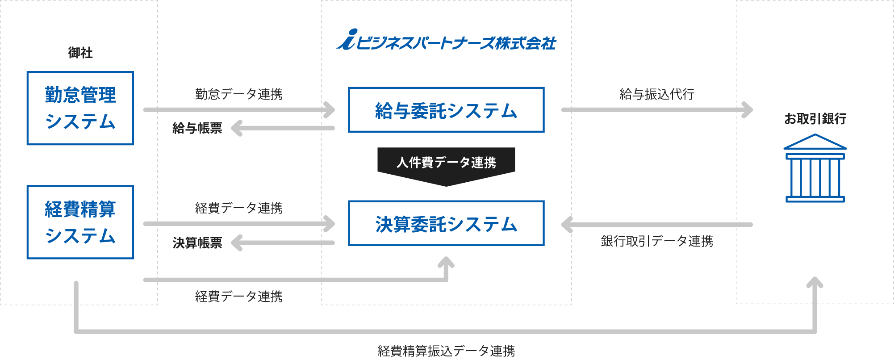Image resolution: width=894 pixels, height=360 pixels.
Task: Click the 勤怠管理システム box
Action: pyautogui.click(x=80, y=108)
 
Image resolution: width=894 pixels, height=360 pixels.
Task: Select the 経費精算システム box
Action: pyautogui.click(x=80, y=222)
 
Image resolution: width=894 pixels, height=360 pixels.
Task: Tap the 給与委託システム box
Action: pyautogui.click(x=446, y=110)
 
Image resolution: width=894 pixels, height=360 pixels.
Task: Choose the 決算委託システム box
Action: pyautogui.click(x=446, y=223)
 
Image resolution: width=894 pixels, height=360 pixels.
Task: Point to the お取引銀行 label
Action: pyautogui.click(x=815, y=119)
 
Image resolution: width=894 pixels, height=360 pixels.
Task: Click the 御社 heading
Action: pyautogui.click(x=80, y=53)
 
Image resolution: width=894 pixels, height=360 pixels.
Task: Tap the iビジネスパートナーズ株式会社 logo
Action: pyautogui.click(x=446, y=41)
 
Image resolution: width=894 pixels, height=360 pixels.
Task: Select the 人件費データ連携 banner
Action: pyautogui.click(x=446, y=163)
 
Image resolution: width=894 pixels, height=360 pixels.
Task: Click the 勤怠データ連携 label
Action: pyautogui.click(x=238, y=94)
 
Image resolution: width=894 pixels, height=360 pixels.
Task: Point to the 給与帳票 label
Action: pyautogui.click(x=197, y=129)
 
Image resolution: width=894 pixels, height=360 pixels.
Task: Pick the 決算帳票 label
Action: pyautogui.click(x=197, y=243)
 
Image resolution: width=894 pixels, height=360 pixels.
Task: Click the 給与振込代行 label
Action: pyautogui.click(x=656, y=94)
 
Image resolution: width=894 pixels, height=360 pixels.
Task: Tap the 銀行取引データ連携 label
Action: pyautogui.click(x=656, y=241)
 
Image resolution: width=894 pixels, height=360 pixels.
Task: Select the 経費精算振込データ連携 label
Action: pyautogui.click(x=446, y=351)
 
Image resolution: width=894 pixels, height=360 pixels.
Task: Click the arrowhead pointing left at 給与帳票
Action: pyautogui.click(x=236, y=128)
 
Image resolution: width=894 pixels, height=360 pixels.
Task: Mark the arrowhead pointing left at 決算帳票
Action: pyautogui.click(x=236, y=243)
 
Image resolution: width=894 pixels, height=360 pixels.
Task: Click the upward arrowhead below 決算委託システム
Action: pyautogui.click(x=446, y=263)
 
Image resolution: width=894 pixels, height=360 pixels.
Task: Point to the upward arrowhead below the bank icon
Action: pyautogui.click(x=815, y=283)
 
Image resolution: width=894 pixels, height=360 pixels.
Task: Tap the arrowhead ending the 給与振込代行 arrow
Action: pyautogui.click(x=748, y=110)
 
